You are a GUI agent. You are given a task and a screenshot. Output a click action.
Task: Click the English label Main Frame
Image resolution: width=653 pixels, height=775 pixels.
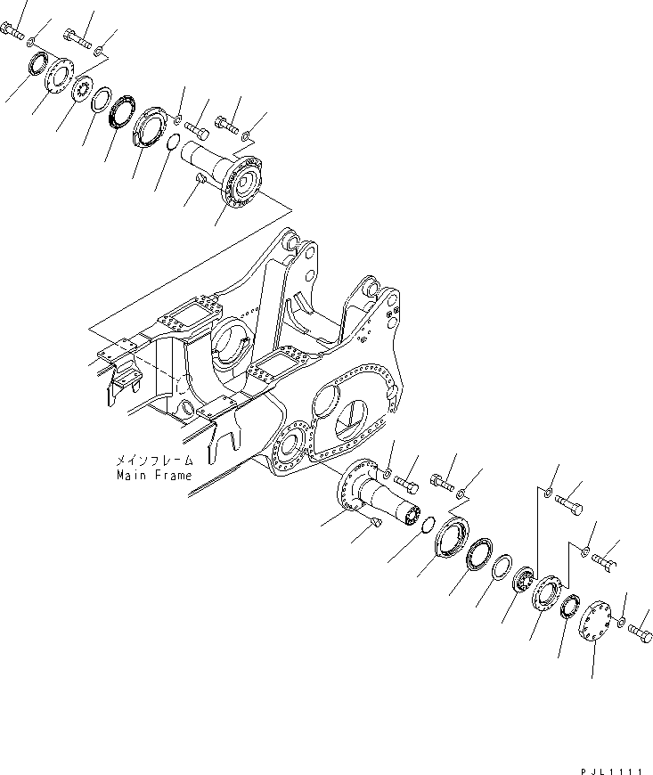(x=153, y=476)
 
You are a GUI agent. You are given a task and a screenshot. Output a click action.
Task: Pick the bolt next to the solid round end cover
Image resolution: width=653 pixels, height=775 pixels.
(x=641, y=632)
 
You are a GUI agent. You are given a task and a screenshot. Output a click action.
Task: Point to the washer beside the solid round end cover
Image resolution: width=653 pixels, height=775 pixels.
(x=621, y=620)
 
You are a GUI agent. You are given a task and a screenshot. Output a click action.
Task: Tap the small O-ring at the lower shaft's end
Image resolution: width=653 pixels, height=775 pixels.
(x=427, y=523)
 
